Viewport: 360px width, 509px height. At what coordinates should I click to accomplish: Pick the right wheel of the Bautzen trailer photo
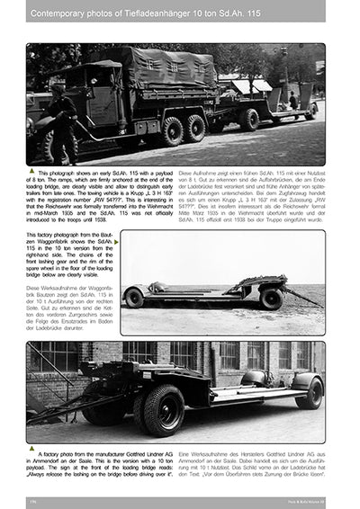point(272,298)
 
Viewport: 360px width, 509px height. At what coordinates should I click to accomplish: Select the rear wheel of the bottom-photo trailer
point(309,393)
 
